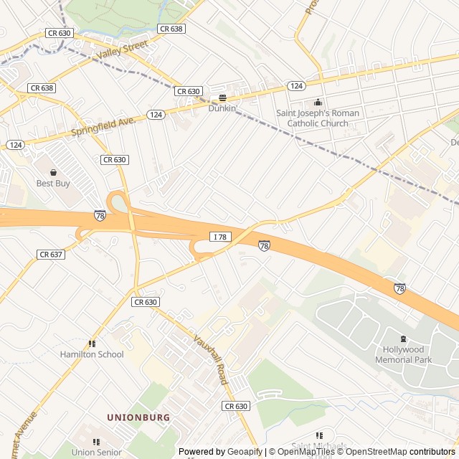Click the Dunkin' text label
[223, 108]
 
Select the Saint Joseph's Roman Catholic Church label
[318, 118]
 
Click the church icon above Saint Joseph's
[318, 102]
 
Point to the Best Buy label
[53, 184]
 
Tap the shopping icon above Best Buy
[53, 172]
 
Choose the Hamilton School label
[92, 354]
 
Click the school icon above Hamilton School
[92, 344]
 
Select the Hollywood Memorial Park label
[403, 354]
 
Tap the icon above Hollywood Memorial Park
[403, 339]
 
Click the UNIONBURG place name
[138, 417]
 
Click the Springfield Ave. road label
[104, 127]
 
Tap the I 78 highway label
[219, 237]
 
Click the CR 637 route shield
[51, 255]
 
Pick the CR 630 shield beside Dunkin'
[188, 91]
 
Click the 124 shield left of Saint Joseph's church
[296, 86]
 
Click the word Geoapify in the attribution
[245, 452]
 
